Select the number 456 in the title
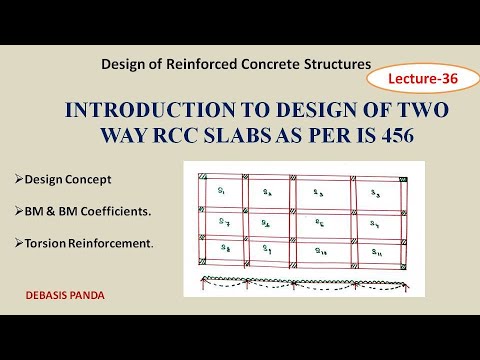click(x=374, y=133)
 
